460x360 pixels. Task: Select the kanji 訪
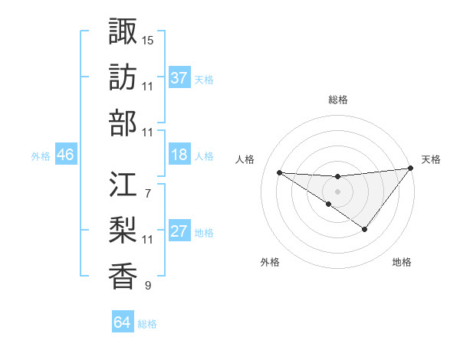pos(123,77)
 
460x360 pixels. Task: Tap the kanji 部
pos(123,123)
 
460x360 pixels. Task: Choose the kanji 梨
pos(123,231)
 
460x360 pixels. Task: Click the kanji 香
pos(123,277)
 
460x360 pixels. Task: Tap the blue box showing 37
pos(179,78)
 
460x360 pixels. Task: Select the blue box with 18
pos(179,155)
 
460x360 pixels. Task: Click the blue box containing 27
pos(179,232)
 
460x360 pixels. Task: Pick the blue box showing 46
pos(66,155)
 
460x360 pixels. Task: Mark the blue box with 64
pos(123,322)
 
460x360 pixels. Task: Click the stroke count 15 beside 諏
pos(148,39)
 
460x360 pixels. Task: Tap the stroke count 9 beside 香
pos(147,286)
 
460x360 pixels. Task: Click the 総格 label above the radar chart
pos(337,100)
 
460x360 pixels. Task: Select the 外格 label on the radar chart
pos(270,262)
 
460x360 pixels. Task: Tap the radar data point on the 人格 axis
pos(279,172)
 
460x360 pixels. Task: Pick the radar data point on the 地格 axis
pos(365,229)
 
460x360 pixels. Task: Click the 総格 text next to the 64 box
pos(147,324)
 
